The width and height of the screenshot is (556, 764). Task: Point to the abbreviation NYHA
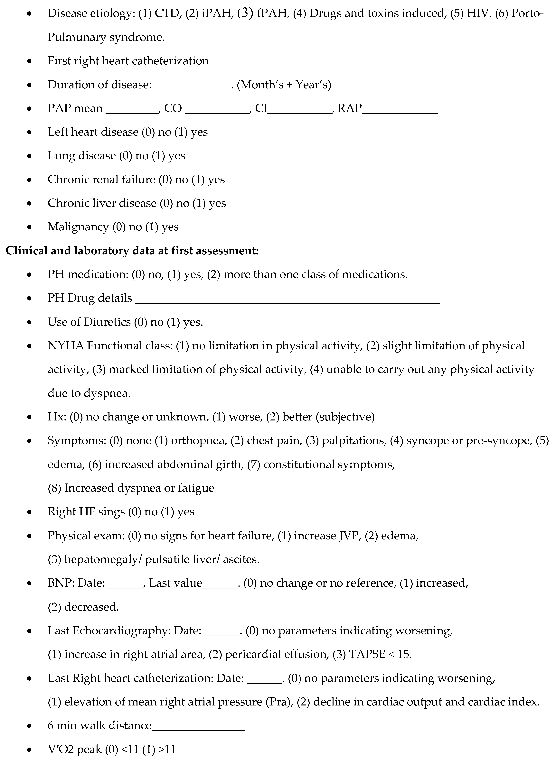coord(66,346)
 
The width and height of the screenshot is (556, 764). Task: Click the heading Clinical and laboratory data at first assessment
coord(132,251)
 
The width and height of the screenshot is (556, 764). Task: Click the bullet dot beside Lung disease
coord(30,156)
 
